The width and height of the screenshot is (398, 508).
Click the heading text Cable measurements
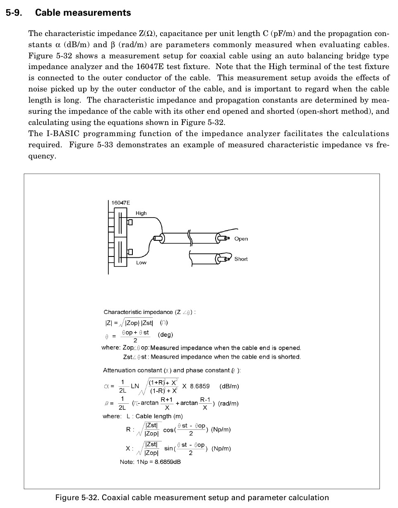83,13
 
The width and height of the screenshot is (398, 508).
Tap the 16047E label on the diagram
121,203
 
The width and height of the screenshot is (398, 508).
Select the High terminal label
141,213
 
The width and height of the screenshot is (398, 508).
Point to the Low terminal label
141,263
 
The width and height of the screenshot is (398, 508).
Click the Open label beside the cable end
241,239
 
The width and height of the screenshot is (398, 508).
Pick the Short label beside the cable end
241,259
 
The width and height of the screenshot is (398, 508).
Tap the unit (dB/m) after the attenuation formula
229,386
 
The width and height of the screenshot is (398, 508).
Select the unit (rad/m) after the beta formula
228,403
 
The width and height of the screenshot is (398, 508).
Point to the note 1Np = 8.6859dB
150,462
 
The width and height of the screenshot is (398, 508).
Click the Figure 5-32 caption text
192,498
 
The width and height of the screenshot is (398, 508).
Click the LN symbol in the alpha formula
135,386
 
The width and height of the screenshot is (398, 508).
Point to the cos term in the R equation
168,430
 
